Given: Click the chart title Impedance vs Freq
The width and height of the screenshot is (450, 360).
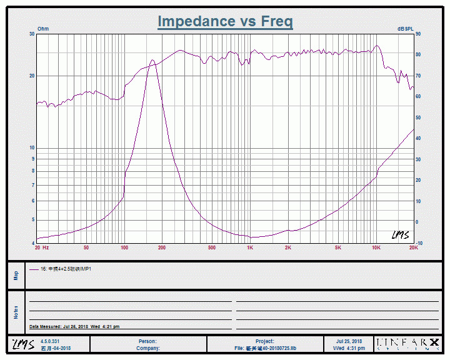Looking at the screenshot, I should pyautogui.click(x=225, y=21).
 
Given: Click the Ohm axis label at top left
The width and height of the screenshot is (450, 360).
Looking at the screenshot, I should pyautogui.click(x=43, y=29).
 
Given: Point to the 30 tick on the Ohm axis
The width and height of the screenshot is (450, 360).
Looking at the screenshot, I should pyautogui.click(x=32, y=34).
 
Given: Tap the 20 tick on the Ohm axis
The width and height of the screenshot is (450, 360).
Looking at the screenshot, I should pyautogui.click(x=32, y=76).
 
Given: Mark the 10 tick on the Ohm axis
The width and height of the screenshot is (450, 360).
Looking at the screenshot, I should pyautogui.click(x=32, y=148).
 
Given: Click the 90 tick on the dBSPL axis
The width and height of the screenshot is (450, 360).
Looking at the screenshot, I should pyautogui.click(x=418, y=34).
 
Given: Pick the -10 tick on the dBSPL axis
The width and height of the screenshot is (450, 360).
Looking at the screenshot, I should pyautogui.click(x=419, y=243).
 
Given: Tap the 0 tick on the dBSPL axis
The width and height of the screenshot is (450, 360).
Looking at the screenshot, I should pyautogui.click(x=417, y=222).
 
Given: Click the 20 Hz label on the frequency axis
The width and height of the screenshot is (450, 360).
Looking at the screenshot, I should pyautogui.click(x=42, y=248).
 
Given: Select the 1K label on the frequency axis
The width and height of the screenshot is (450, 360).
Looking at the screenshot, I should pyautogui.click(x=250, y=248).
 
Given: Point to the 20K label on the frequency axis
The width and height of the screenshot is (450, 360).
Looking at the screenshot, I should pyautogui.click(x=413, y=248).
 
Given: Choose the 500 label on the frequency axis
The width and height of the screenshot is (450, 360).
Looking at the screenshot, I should pyautogui.click(x=212, y=248).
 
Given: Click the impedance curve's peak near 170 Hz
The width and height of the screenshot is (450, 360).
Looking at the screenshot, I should pyautogui.click(x=152, y=61).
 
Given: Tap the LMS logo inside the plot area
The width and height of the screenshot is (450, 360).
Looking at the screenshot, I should pyautogui.click(x=400, y=235).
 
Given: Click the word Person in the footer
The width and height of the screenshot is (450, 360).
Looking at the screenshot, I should pyautogui.click(x=147, y=341).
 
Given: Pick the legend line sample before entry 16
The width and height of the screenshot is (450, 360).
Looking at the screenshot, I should pyautogui.click(x=34, y=269).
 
